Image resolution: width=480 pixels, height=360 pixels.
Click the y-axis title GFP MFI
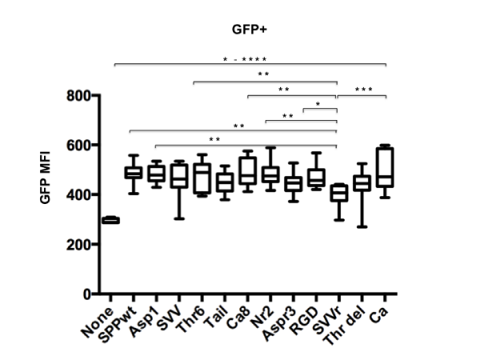pyautogui.click(x=47, y=195)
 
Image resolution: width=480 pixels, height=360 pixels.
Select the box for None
pyautogui.click(x=111, y=220)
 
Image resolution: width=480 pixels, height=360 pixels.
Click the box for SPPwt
pyautogui.click(x=133, y=173)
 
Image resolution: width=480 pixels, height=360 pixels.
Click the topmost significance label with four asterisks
pyautogui.click(x=245, y=59)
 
